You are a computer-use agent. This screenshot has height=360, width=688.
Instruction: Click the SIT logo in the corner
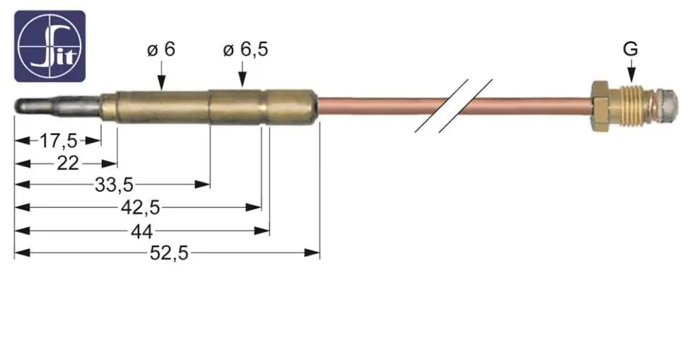coord(50,47)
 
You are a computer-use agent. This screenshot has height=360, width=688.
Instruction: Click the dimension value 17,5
coord(59,141)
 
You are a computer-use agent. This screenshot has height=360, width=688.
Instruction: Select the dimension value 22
coord(68,163)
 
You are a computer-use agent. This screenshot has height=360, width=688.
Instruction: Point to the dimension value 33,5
coord(114,185)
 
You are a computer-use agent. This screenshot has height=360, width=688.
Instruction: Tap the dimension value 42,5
coord(141,207)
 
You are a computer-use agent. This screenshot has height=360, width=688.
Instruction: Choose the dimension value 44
coord(141,231)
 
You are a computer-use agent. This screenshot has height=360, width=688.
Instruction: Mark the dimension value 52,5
coord(170,253)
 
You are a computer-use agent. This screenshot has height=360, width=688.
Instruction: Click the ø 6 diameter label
coord(161,49)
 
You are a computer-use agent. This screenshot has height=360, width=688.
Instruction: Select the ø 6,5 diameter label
coord(245,50)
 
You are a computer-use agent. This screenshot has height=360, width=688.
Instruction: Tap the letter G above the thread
coord(631,49)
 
